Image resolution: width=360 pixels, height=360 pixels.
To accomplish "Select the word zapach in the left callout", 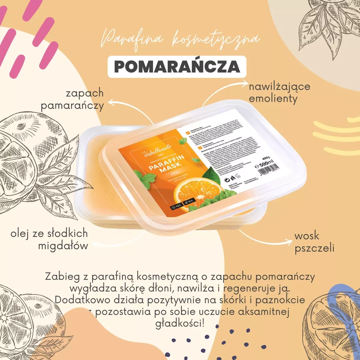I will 85,93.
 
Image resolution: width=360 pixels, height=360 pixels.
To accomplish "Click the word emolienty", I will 273,98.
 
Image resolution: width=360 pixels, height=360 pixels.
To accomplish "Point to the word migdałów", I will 63,246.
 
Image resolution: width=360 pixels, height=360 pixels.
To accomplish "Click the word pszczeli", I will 314,248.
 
